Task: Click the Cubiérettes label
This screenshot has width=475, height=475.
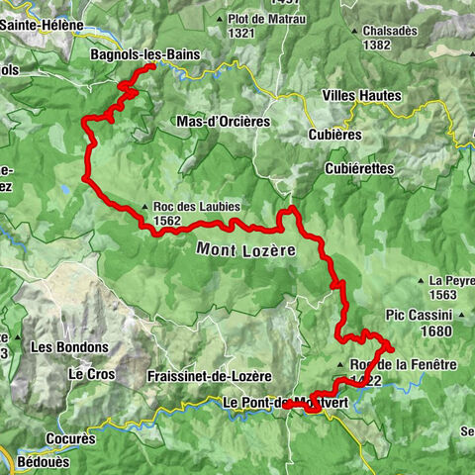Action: [358, 169]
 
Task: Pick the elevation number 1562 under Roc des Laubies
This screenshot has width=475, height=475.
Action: [167, 221]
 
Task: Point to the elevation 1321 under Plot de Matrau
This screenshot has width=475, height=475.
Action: [243, 33]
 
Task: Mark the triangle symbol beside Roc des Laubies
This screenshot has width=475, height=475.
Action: [145, 207]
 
